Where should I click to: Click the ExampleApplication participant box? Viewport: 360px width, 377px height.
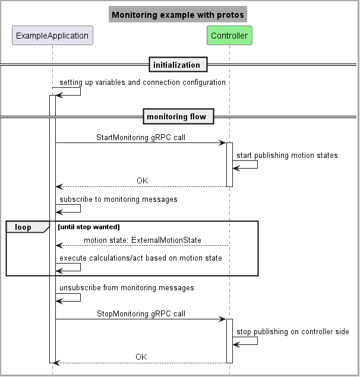(52, 36)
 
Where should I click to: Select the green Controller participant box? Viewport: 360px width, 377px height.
(229, 36)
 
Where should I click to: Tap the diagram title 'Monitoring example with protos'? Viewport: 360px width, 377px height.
(178, 15)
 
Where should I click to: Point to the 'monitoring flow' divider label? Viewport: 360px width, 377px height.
(178, 116)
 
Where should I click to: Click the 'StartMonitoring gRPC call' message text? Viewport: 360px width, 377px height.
(140, 137)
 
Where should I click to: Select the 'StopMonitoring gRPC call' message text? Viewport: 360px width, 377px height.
(140, 313)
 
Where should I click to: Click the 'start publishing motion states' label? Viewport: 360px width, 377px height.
(288, 156)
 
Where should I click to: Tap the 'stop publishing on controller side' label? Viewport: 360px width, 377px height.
(293, 332)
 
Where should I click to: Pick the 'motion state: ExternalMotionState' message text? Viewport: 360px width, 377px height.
(143, 240)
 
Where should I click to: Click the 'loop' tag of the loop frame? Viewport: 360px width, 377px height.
(23, 227)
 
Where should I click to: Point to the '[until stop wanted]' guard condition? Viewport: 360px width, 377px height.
(89, 227)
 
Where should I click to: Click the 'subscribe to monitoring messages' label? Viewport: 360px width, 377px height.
(118, 199)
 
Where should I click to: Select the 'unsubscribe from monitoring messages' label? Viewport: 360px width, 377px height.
(127, 288)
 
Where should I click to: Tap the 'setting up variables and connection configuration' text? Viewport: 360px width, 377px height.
(143, 82)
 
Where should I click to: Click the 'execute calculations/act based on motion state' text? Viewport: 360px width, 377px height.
(141, 258)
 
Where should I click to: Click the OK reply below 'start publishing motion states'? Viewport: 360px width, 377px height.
(141, 180)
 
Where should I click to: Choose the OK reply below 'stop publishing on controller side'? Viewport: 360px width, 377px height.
(141, 357)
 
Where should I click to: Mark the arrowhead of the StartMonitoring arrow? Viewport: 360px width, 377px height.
(223, 143)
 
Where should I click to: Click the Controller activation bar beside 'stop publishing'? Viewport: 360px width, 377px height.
(229, 341)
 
